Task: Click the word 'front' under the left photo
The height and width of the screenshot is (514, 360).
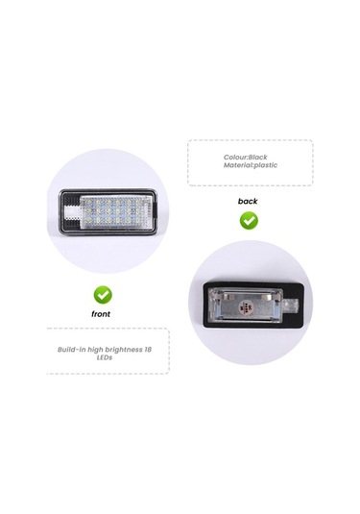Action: pyautogui.click(x=101, y=314)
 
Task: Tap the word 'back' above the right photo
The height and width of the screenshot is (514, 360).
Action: pyautogui.click(x=248, y=202)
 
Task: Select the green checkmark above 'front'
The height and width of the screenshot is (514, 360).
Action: pyautogui.click(x=101, y=294)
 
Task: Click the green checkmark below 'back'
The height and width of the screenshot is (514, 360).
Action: pyautogui.click(x=248, y=220)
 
